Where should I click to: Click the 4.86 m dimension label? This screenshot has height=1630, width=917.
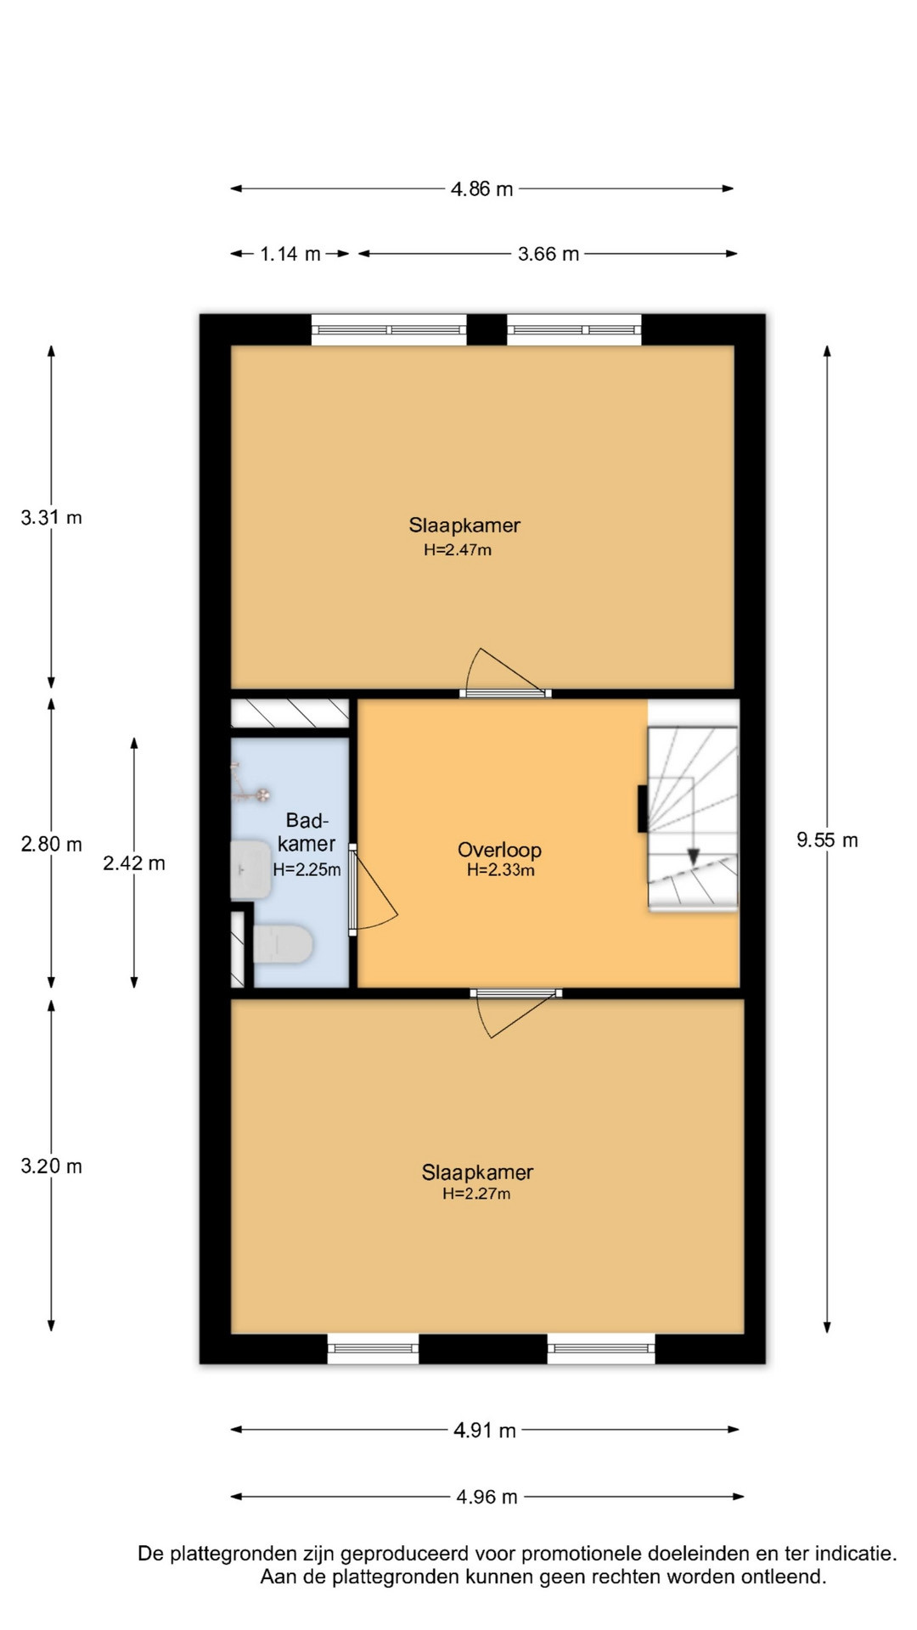tap(481, 188)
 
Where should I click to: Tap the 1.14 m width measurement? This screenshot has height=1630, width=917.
tap(290, 254)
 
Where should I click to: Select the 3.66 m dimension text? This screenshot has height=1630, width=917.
tap(549, 254)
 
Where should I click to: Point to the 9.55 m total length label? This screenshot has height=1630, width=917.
tap(827, 840)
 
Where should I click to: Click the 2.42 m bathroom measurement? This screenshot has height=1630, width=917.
tap(134, 863)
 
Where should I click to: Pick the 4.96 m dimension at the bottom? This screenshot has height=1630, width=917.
tap(487, 1497)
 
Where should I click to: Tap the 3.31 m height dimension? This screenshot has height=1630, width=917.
tap(51, 517)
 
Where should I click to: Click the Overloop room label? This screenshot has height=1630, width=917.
tap(499, 850)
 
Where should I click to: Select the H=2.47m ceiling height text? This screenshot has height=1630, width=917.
tap(458, 549)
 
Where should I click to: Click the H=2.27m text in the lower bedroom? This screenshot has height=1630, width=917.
tap(476, 1194)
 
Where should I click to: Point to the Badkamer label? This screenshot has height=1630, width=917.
tap(307, 832)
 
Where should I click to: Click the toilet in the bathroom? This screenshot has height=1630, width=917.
tap(284, 944)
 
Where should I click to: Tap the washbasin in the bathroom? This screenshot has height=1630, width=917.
tap(250, 870)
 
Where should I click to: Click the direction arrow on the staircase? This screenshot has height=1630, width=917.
tap(694, 857)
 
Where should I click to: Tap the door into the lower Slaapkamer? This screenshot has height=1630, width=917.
tap(516, 1013)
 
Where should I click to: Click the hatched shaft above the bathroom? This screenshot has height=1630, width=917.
tap(290, 713)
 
